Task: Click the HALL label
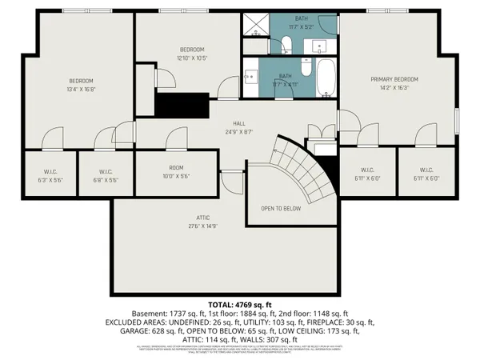click(x=238, y=123)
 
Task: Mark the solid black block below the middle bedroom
click(x=182, y=104)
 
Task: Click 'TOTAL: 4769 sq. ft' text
click(x=239, y=305)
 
